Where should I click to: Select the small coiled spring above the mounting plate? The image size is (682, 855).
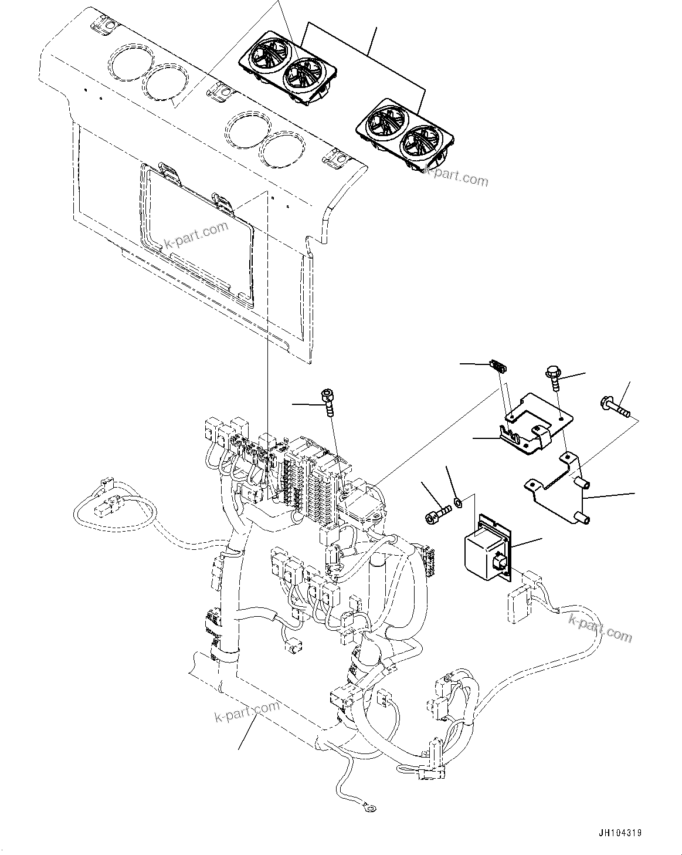coord(498,367)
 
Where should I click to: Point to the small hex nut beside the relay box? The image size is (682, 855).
coord(459,502)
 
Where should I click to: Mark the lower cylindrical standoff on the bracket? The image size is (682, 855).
coord(583,518)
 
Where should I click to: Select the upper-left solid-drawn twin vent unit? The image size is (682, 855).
coord(288,70)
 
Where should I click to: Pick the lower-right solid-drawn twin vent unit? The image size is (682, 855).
coord(406,136)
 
